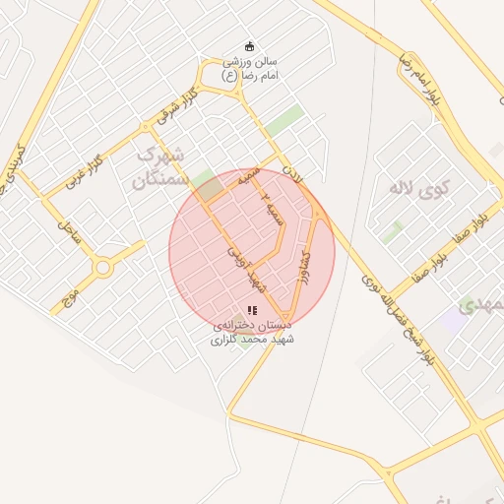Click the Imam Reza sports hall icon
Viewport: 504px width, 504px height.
[249, 45]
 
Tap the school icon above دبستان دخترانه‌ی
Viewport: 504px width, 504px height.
[252, 310]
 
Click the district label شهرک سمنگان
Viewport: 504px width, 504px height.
[157, 167]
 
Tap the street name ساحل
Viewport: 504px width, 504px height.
[68, 233]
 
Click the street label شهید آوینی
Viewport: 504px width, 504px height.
[241, 267]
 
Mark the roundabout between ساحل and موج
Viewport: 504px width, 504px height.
[102, 268]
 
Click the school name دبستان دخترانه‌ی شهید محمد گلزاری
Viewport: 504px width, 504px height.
[253, 332]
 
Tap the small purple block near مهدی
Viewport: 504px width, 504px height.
[454, 320]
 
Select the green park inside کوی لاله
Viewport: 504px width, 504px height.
[393, 232]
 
